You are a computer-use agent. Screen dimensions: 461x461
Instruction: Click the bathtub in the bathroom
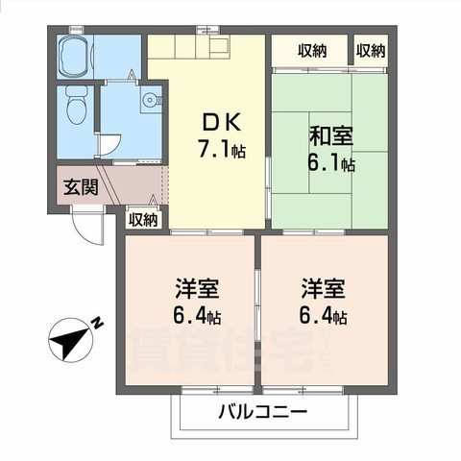(74, 58)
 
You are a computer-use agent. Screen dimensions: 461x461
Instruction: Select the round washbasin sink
(149, 99)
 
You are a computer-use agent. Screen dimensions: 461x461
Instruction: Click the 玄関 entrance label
(81, 186)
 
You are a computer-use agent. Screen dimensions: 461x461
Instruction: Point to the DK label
(217, 123)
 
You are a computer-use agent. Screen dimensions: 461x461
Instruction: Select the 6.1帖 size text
(328, 165)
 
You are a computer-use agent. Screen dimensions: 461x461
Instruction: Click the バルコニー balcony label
(261, 414)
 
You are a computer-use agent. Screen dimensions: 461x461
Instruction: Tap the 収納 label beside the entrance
(142, 219)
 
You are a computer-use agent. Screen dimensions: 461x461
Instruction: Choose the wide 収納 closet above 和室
(309, 51)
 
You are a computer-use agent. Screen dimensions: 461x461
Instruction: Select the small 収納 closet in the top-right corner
(371, 51)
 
